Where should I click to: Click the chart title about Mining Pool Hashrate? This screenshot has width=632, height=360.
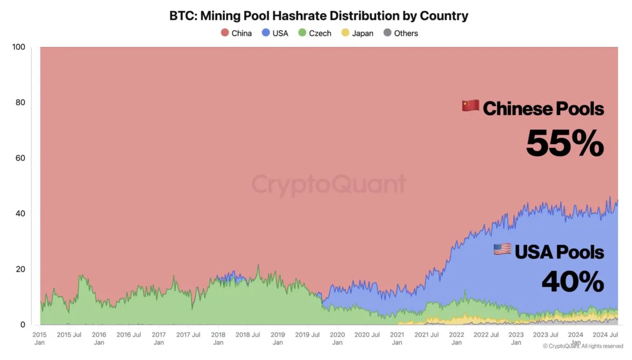click(x=319, y=16)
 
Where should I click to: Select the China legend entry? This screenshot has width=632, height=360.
click(x=235, y=33)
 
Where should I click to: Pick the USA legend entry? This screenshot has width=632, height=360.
click(x=274, y=33)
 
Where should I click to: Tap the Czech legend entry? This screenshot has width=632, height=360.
click(x=314, y=33)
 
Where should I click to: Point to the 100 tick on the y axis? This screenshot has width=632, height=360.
click(x=18, y=47)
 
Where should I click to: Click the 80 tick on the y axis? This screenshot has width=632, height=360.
click(x=20, y=103)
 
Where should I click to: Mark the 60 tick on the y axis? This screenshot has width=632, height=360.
click(x=20, y=158)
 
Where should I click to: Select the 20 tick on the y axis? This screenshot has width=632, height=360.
click(x=20, y=269)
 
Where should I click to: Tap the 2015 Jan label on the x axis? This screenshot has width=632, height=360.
click(x=39, y=338)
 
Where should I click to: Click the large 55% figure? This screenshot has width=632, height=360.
click(x=565, y=143)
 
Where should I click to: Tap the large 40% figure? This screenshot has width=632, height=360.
click(x=572, y=282)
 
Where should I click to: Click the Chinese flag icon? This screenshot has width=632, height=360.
click(x=470, y=106)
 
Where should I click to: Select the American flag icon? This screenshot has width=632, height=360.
click(x=502, y=249)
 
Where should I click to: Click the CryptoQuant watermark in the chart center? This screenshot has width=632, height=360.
click(x=329, y=185)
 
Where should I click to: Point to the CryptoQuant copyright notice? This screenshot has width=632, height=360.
click(x=582, y=346)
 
